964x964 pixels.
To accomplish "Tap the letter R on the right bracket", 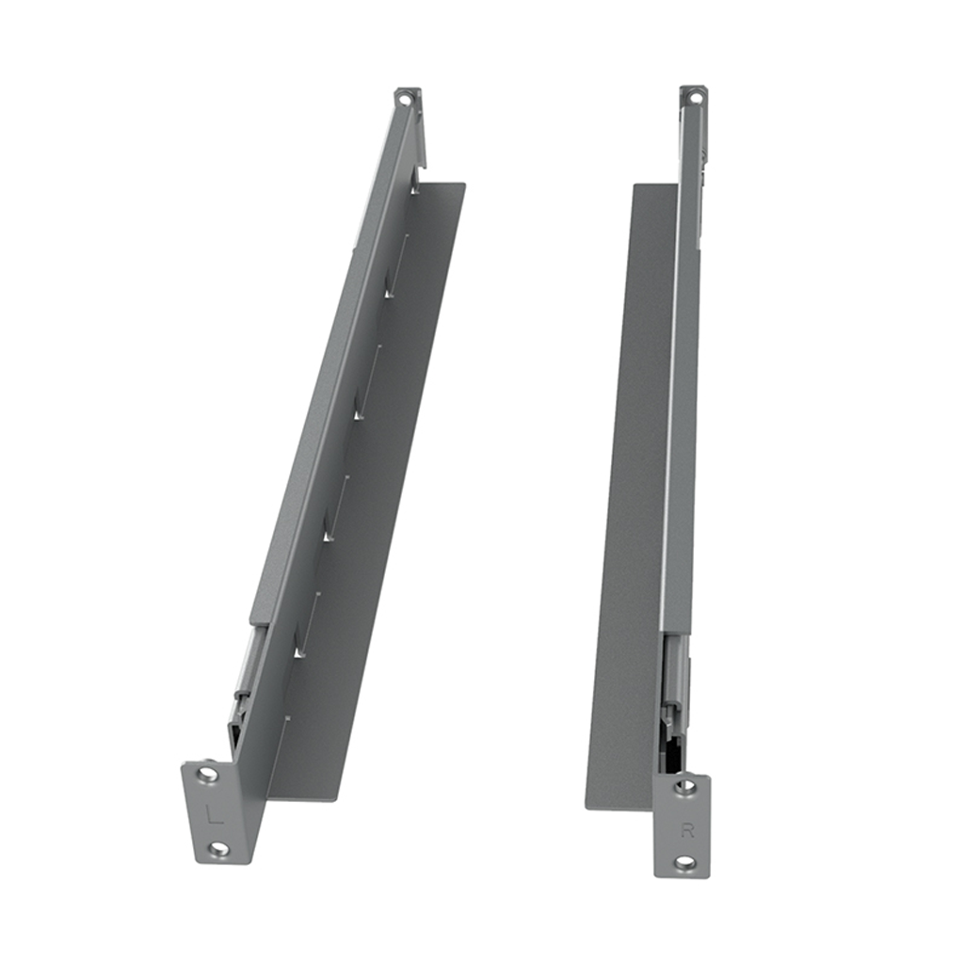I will (x=686, y=830).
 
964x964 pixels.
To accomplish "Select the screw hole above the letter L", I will (x=208, y=775).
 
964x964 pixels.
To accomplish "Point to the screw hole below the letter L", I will (x=218, y=849).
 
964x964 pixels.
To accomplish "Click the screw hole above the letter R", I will (x=685, y=786).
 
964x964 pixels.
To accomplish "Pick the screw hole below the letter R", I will (x=684, y=862).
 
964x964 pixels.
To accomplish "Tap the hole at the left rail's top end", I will (x=405, y=97).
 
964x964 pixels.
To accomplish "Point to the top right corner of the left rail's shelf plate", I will (x=464, y=185).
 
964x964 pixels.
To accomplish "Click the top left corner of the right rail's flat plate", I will (x=634, y=185).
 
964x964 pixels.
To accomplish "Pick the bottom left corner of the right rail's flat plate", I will (x=587, y=807).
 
